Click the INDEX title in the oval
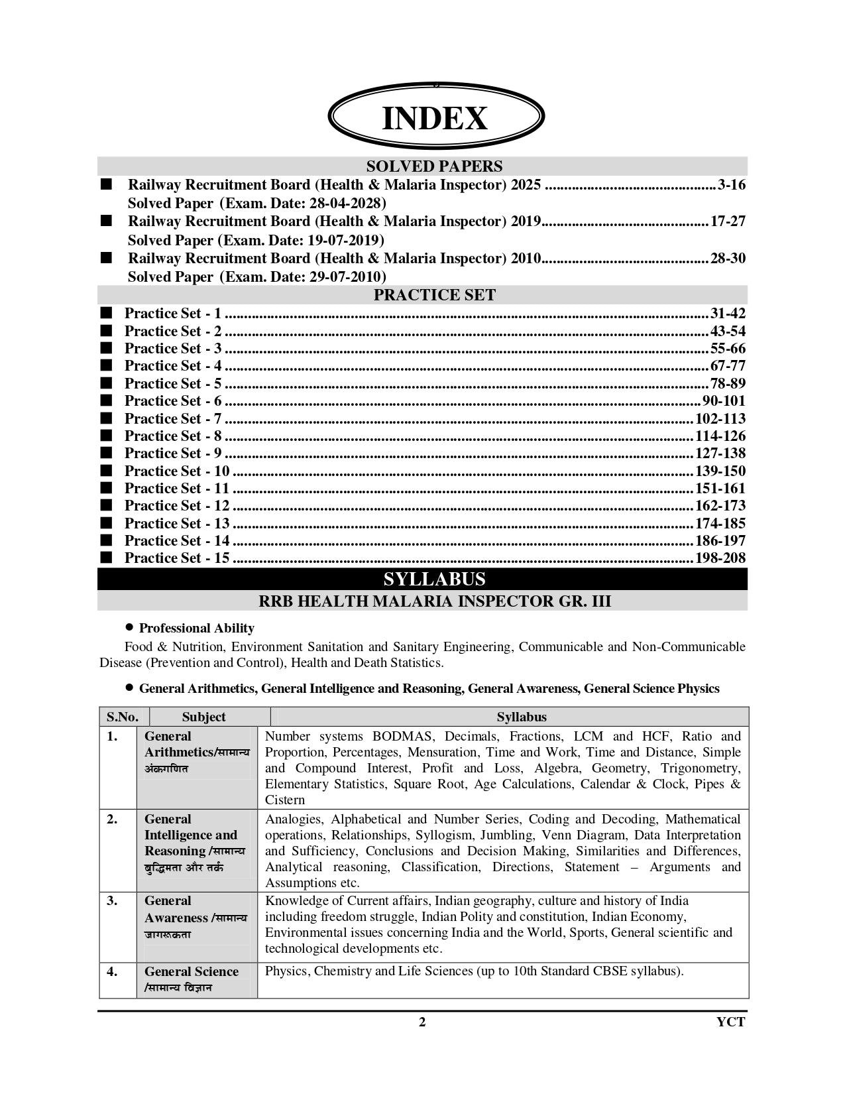[435, 119]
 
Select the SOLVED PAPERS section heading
[434, 166]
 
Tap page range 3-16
[731, 185]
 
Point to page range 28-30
[728, 259]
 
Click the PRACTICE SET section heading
[434, 295]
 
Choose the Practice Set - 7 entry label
[173, 419]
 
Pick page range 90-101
[724, 401]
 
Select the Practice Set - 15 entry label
[177, 558]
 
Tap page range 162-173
[720, 506]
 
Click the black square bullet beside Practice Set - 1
[106, 314]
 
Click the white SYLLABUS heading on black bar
[434, 579]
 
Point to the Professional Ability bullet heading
[196, 629]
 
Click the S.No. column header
[123, 717]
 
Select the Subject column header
[203, 717]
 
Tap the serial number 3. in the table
[112, 901]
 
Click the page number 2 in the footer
[422, 1022]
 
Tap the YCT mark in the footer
[730, 1022]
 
